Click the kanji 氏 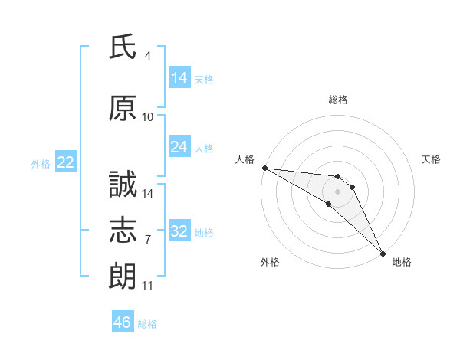123,47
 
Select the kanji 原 123,108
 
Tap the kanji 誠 123,184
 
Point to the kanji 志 123,230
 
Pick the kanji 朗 123,276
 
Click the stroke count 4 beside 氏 147,56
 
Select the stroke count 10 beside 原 147,117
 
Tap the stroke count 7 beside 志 148,240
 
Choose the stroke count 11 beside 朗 147,286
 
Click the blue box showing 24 179,146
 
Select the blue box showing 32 179,230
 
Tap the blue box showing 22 66,162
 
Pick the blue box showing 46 123,321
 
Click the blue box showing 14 179,77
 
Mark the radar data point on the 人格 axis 265,168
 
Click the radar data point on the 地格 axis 383,254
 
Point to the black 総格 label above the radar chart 338,100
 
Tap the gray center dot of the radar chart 337,191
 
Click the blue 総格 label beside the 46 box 147,324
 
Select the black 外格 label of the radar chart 270,262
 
